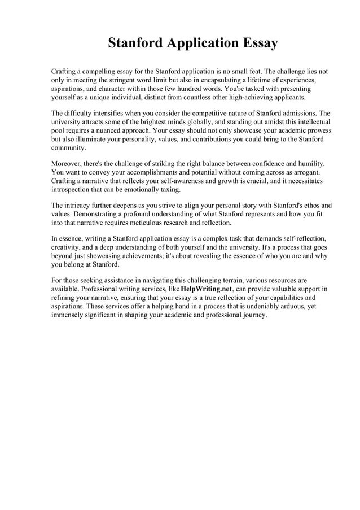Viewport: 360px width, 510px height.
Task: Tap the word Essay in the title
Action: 257,43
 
